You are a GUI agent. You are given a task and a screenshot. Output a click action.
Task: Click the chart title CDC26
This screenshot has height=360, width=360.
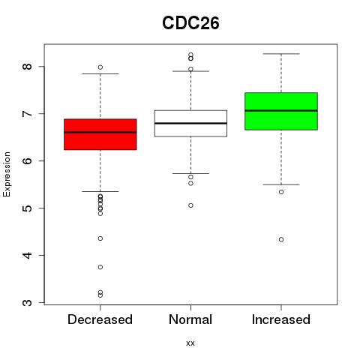pyautogui.click(x=190, y=23)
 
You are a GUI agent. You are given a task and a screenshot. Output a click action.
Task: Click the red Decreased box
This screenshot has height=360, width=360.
pyautogui.click(x=100, y=134)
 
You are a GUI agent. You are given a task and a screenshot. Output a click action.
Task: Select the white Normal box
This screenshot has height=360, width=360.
pyautogui.click(x=190, y=124)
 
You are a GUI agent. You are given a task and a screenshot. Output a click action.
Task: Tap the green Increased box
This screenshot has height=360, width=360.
pyautogui.click(x=281, y=111)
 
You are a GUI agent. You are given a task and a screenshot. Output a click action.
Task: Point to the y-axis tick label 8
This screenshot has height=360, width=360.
pyautogui.click(x=28, y=67)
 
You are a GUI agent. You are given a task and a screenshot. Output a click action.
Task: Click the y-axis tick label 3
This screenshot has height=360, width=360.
pyautogui.click(x=28, y=303)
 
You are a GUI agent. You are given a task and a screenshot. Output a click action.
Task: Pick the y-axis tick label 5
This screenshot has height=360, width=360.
pyautogui.click(x=28, y=208)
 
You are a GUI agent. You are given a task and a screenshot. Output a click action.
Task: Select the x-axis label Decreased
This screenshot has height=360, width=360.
pyautogui.click(x=100, y=319)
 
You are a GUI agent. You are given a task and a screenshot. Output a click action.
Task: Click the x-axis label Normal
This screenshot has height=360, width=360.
pyautogui.click(x=190, y=319)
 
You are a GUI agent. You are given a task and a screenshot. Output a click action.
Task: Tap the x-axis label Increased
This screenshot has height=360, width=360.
pyautogui.click(x=281, y=319)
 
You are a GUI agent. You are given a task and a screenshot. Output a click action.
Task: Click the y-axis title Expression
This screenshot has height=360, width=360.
pyautogui.click(x=7, y=174)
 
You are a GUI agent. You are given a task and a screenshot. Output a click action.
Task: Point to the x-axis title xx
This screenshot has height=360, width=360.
pyautogui.click(x=190, y=343)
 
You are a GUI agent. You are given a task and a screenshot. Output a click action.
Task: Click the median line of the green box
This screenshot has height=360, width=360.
pyautogui.click(x=281, y=110)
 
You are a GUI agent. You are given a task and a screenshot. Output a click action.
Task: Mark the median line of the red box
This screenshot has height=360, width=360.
pyautogui.click(x=100, y=132)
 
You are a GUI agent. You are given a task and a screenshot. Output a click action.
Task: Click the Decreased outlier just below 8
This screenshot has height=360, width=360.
pyautogui.click(x=100, y=67)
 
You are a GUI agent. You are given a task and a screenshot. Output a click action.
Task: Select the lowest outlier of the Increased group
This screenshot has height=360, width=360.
pyautogui.click(x=281, y=239)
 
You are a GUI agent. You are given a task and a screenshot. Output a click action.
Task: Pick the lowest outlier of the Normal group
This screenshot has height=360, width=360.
pyautogui.click(x=190, y=205)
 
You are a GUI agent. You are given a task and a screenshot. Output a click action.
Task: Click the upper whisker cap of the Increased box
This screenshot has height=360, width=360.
pyautogui.click(x=281, y=54)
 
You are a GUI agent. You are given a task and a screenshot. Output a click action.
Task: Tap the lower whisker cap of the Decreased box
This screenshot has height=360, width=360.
pyautogui.click(x=100, y=191)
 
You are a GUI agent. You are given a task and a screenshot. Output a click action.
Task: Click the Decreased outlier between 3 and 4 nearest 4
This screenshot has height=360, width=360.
pyautogui.click(x=100, y=267)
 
